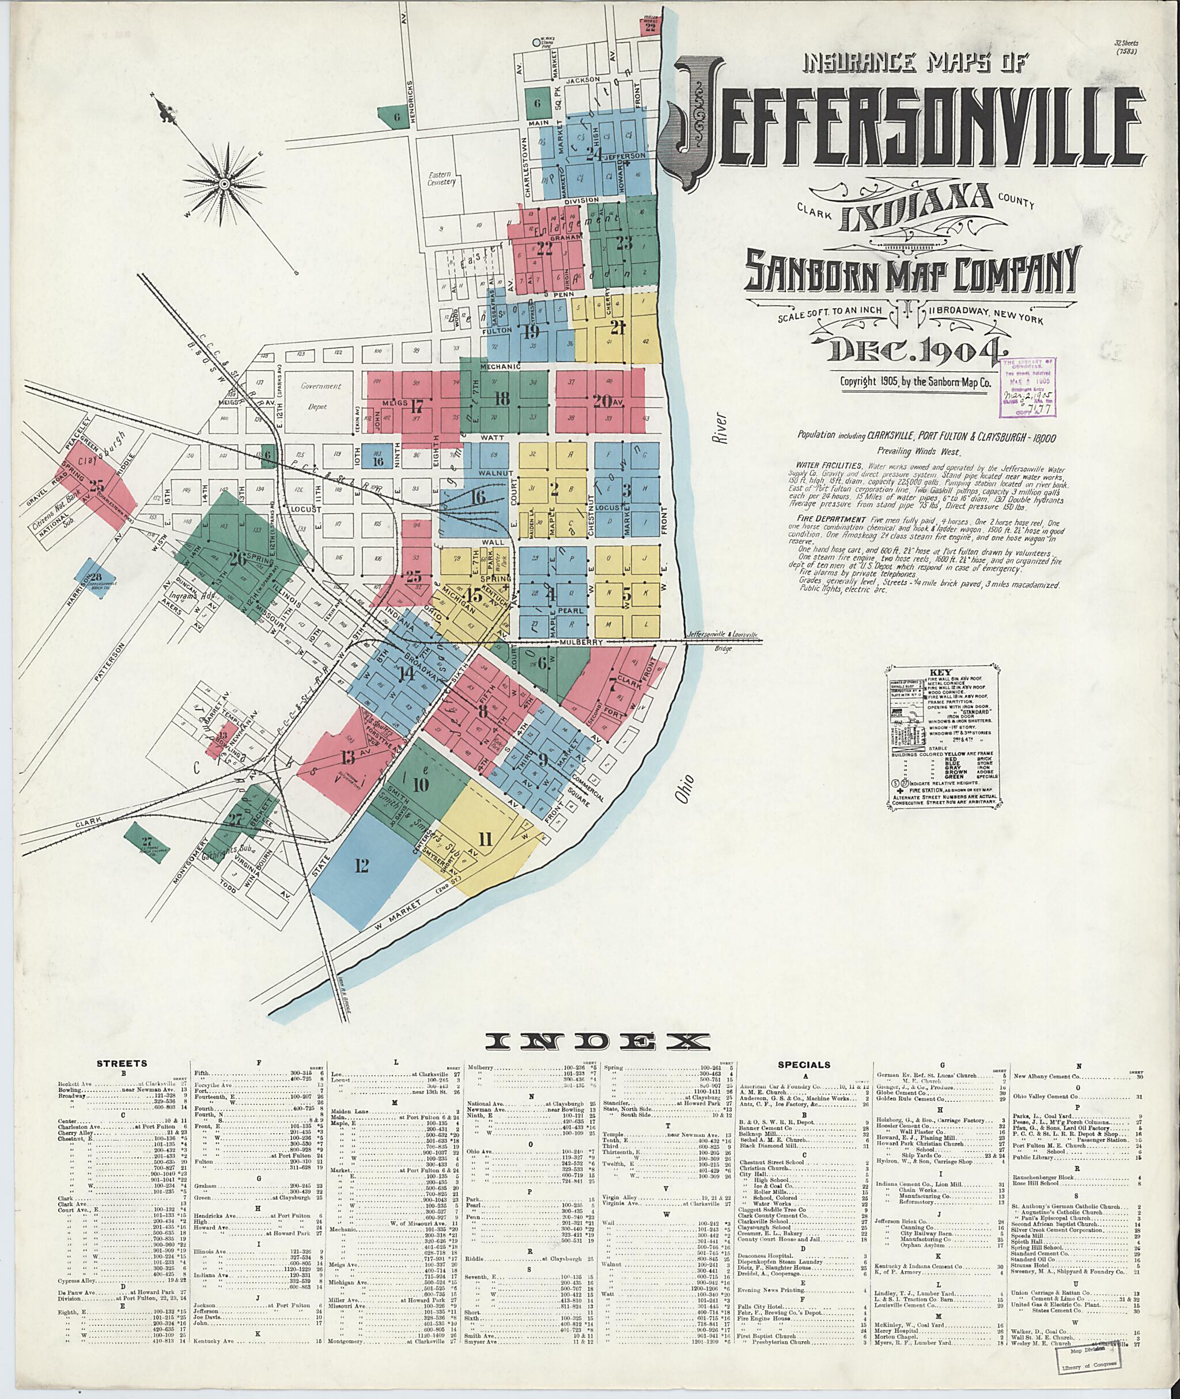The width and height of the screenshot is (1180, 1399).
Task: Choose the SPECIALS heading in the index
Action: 804,1064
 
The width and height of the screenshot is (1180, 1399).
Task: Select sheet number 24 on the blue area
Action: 593,154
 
